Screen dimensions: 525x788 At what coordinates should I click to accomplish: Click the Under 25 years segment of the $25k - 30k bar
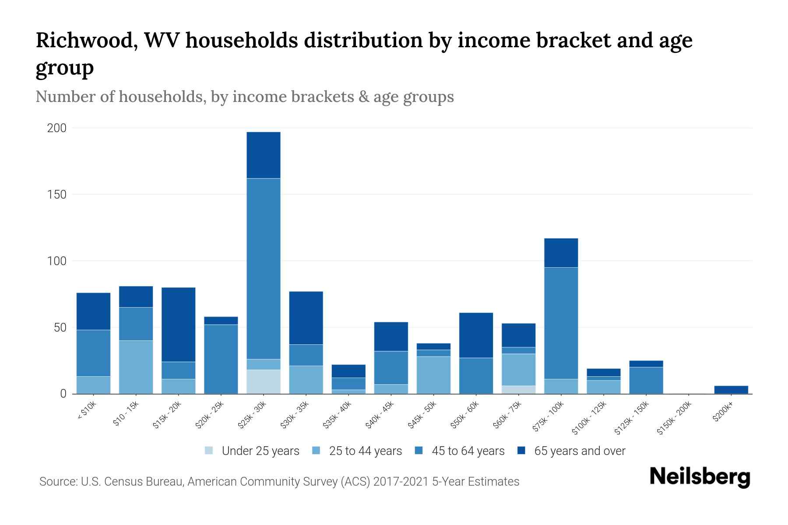(x=263, y=381)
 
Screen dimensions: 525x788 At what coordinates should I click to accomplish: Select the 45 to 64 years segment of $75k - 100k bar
(x=561, y=323)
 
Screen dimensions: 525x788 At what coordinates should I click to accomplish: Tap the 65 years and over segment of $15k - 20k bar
(x=178, y=324)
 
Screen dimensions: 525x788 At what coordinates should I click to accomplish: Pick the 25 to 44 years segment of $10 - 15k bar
(x=136, y=367)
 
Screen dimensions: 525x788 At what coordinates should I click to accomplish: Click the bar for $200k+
(x=731, y=389)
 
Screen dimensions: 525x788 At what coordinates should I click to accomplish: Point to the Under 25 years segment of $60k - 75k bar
(x=518, y=389)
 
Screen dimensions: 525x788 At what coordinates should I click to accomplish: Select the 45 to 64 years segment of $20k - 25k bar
(x=221, y=359)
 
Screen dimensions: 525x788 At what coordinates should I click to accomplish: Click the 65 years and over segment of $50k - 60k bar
(x=476, y=335)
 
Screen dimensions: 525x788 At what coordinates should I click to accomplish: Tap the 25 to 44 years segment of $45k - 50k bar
(x=433, y=375)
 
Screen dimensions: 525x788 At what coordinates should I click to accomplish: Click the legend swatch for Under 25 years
(x=209, y=451)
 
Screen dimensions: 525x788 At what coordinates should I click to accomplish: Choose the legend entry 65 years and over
(x=579, y=451)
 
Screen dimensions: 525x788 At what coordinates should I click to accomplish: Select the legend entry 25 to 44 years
(x=365, y=451)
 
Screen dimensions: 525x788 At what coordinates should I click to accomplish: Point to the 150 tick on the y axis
(x=57, y=194)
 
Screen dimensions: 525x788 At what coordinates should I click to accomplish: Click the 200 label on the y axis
(x=57, y=128)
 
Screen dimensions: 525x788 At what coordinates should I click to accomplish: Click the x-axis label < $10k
(x=87, y=411)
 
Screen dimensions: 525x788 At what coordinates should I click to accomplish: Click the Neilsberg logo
(x=700, y=477)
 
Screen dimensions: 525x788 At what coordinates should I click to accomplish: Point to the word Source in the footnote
(x=57, y=482)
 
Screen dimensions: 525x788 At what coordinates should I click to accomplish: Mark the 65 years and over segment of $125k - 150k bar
(x=646, y=364)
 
